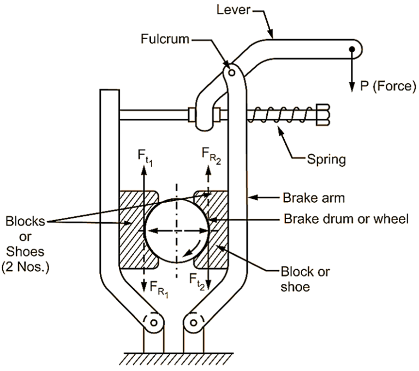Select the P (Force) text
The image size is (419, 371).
pos(384,86)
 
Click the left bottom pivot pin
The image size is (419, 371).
pos(154,323)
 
